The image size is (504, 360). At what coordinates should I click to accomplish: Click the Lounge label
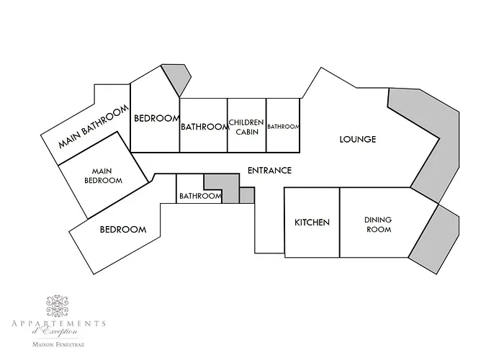(x=358, y=139)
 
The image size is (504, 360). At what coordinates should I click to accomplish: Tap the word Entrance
(x=269, y=171)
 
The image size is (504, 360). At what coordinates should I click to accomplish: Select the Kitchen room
(x=312, y=222)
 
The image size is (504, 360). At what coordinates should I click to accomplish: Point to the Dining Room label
(x=377, y=224)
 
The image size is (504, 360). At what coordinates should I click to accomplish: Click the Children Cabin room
(x=247, y=126)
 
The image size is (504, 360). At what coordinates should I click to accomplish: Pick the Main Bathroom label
(x=93, y=129)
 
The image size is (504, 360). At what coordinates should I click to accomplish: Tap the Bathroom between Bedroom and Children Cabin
(x=204, y=127)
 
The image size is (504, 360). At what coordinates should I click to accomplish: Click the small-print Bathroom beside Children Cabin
(x=283, y=127)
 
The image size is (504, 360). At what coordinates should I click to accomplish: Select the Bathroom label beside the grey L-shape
(x=199, y=196)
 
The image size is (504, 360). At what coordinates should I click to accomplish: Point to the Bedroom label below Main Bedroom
(x=122, y=230)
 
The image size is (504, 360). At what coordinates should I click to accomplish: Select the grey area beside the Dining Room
(x=438, y=238)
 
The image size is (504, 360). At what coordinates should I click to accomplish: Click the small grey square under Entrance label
(x=247, y=195)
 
